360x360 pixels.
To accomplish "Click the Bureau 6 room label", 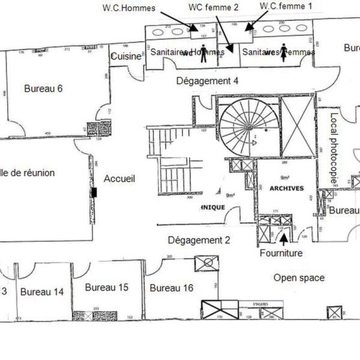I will coord(43,89).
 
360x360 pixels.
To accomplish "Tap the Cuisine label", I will coord(125,56).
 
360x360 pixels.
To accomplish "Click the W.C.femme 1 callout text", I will coord(286,5).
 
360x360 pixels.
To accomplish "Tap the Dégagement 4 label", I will coord(206,80).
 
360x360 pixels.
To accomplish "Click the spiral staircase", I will coord(245,127).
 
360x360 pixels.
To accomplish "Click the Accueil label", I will coord(119,179).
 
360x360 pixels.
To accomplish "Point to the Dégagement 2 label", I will coord(199,240).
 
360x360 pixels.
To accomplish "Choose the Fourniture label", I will coord(281,253).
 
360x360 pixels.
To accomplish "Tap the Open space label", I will coord(299,278).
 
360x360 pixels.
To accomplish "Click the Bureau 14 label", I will coord(42,292).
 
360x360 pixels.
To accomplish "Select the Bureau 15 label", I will coord(107,287).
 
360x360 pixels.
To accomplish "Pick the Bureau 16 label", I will coord(171,289).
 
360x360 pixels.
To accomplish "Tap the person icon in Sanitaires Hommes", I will coord(203,50).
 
